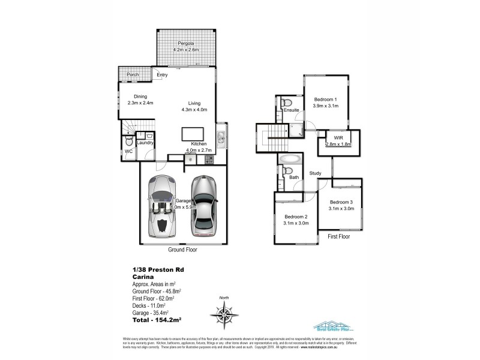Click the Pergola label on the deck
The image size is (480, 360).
[184, 44]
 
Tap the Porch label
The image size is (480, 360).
[133, 75]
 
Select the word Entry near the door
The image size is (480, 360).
[162, 75]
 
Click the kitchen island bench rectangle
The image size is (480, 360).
[193, 133]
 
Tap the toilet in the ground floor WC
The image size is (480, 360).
[128, 142]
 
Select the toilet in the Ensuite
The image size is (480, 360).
[286, 101]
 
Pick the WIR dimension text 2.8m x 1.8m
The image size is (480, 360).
[338, 145]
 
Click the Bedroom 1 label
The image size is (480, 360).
[326, 100]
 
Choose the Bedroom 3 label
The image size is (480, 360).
[341, 202]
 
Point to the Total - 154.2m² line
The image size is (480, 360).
[157, 320]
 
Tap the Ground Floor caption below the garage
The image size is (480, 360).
[184, 249]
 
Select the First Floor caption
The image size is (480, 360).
[338, 237]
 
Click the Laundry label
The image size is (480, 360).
[145, 143]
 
